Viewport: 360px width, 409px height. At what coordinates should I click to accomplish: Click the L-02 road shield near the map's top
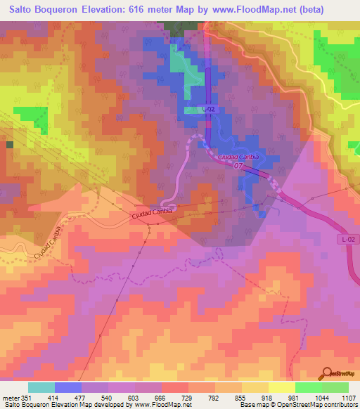click(x=208, y=110)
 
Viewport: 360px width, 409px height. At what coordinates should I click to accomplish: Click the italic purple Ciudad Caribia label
click(x=238, y=156)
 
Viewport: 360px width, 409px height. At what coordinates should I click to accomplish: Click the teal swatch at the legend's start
click(x=41, y=387)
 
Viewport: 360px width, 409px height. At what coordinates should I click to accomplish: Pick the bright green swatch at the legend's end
click(x=335, y=387)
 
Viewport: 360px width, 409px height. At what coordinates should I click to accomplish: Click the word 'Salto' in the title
click(x=23, y=10)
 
